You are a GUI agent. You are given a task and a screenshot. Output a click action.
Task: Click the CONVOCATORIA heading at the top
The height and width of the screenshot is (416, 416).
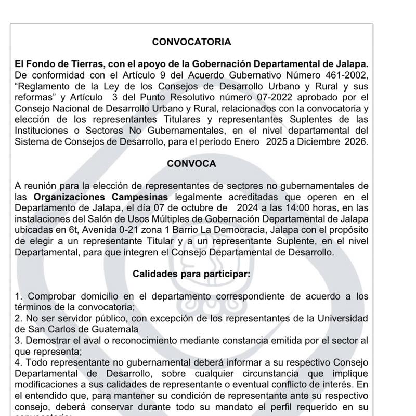point(191,42)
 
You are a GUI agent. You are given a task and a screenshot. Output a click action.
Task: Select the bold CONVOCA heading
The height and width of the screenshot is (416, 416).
point(191,163)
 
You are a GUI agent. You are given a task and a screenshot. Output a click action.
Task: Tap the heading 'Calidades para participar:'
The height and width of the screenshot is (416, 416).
point(192,273)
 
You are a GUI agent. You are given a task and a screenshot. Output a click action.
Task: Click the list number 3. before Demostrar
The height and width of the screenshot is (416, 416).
point(18,340)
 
